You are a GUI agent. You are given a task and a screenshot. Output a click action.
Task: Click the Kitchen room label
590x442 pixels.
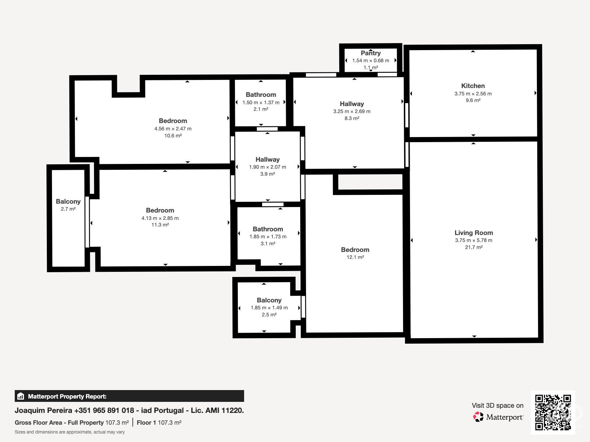tap(473, 86)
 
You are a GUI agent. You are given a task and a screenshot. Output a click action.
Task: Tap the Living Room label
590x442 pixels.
tap(473, 233)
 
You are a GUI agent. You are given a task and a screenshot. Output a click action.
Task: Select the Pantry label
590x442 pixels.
tap(371, 53)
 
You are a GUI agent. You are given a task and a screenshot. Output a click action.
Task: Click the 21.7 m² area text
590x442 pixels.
tap(473, 247)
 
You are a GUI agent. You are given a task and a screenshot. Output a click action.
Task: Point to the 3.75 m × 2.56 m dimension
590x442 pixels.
tap(473, 94)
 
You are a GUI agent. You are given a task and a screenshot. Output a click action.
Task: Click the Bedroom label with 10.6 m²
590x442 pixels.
tap(173, 121)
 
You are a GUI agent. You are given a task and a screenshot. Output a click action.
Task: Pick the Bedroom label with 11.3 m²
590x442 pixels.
tap(160, 210)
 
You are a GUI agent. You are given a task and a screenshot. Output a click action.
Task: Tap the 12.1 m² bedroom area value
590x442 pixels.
tap(355, 257)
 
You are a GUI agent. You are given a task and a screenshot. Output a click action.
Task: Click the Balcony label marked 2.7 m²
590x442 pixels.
tap(68, 201)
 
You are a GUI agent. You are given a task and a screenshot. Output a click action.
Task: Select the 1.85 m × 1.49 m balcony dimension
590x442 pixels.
tap(269, 308)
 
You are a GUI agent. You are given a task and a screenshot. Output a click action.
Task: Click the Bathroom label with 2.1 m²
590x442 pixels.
tap(261, 95)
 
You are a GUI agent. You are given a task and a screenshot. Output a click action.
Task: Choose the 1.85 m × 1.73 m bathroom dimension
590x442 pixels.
tap(268, 237)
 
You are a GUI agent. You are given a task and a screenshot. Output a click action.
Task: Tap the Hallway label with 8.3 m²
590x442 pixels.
tap(351, 104)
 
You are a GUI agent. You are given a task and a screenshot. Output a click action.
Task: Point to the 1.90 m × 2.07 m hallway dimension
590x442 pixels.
tap(267, 167)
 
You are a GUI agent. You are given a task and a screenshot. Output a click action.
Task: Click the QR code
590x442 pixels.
tap(553, 413)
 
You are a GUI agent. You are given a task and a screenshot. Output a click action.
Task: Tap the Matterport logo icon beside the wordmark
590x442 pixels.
tap(478, 417)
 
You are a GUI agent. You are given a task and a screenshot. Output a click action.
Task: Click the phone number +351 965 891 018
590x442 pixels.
tap(104, 410)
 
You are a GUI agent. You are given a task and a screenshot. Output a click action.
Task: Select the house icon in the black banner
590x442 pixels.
tap(21, 396)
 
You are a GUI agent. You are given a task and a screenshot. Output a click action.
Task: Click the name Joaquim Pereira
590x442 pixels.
tap(43, 411)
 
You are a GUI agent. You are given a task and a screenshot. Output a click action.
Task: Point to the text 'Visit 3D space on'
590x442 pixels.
tap(497, 406)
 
